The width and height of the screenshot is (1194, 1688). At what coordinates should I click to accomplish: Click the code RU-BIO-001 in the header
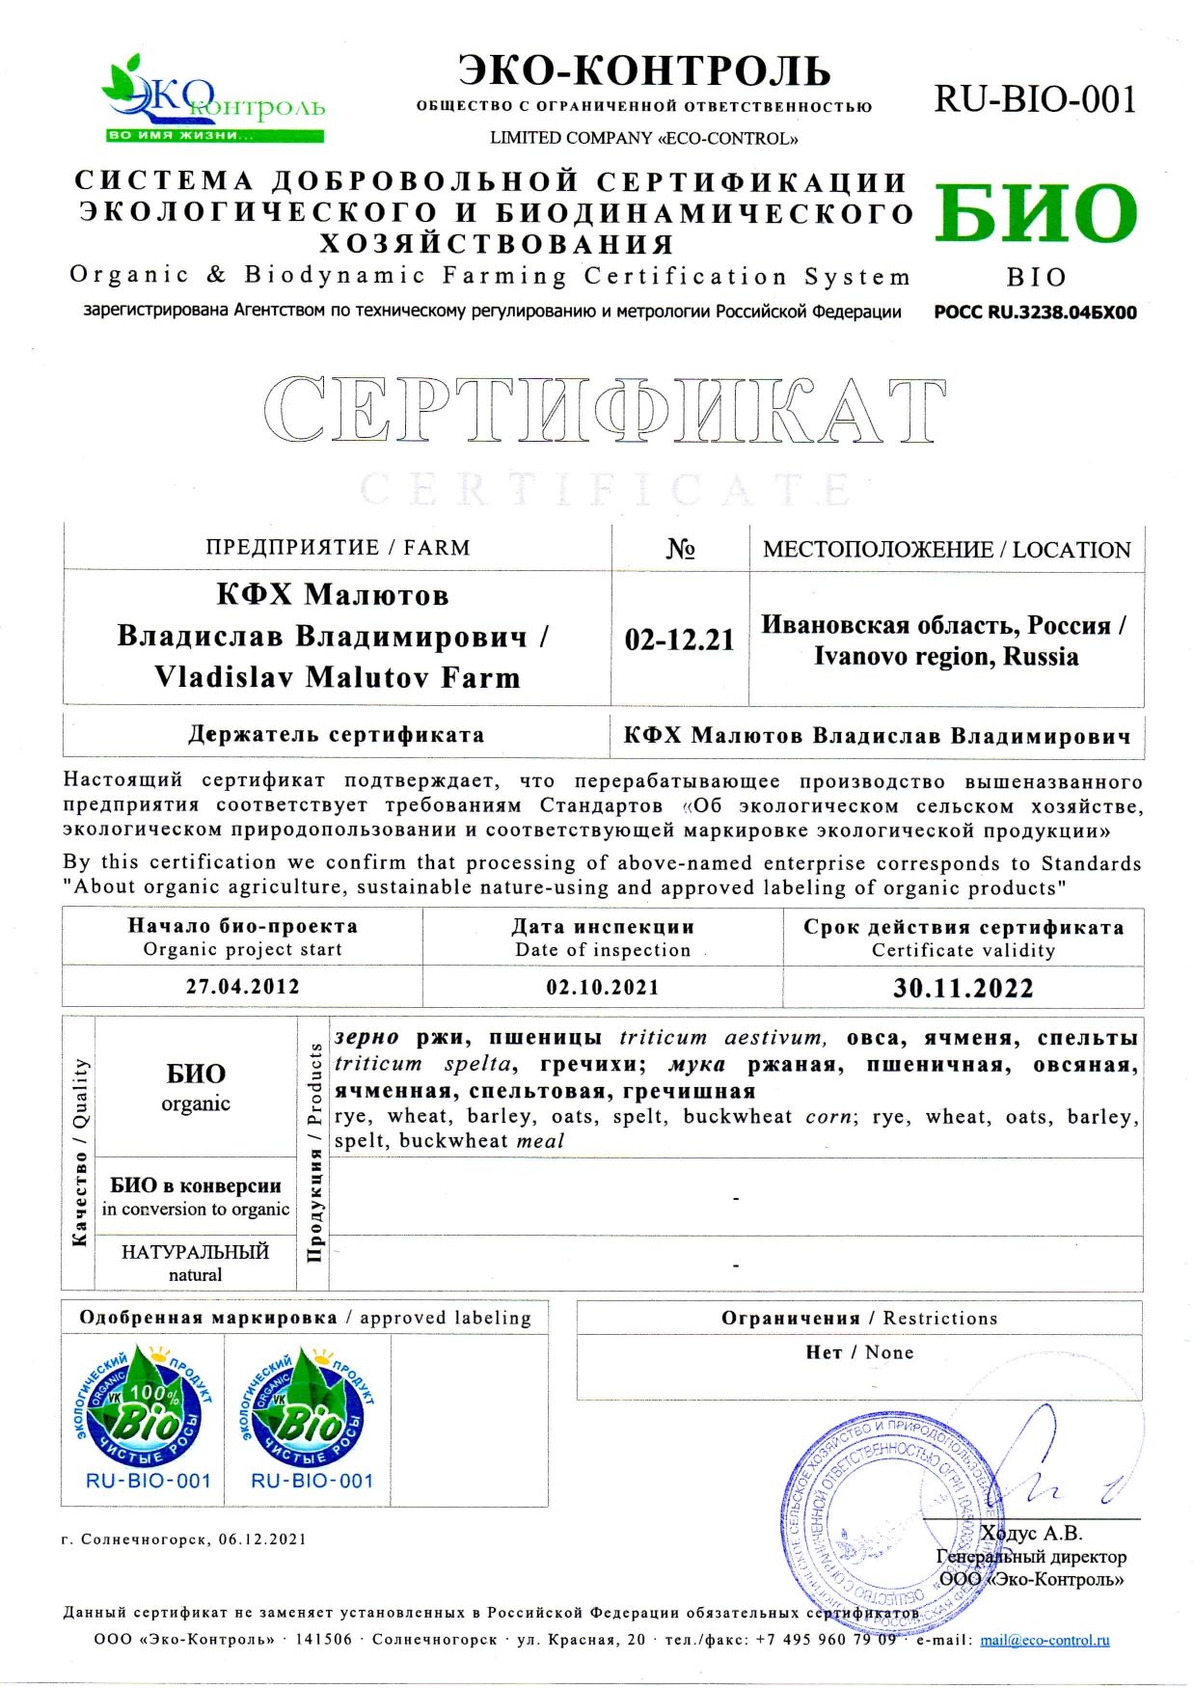coord(1035,99)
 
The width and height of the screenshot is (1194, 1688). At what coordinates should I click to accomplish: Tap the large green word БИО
coord(1035,214)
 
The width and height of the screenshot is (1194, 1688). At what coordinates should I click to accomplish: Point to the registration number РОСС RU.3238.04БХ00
coord(1035,313)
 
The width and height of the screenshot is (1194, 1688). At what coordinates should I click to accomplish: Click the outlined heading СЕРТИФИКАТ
coord(604,409)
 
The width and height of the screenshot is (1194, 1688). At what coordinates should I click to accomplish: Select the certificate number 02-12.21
coord(679,640)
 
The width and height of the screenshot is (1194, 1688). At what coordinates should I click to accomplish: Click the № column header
coord(680,549)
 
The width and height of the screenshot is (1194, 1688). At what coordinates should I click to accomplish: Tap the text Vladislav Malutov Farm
coord(337,677)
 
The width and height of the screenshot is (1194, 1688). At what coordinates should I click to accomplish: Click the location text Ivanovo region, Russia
coord(945,657)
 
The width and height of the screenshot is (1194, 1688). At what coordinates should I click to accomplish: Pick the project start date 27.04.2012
coord(242,987)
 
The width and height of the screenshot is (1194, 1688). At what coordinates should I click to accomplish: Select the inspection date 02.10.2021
coord(603,987)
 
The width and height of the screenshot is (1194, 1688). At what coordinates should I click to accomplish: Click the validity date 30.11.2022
coord(963,988)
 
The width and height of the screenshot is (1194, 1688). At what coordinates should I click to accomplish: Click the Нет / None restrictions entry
coord(859,1352)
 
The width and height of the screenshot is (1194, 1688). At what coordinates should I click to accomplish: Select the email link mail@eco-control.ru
coord(1045,1640)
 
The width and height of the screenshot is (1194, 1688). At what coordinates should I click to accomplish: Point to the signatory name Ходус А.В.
coord(1031,1533)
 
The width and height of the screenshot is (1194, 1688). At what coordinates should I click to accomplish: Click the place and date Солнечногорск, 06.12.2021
coord(183,1539)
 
